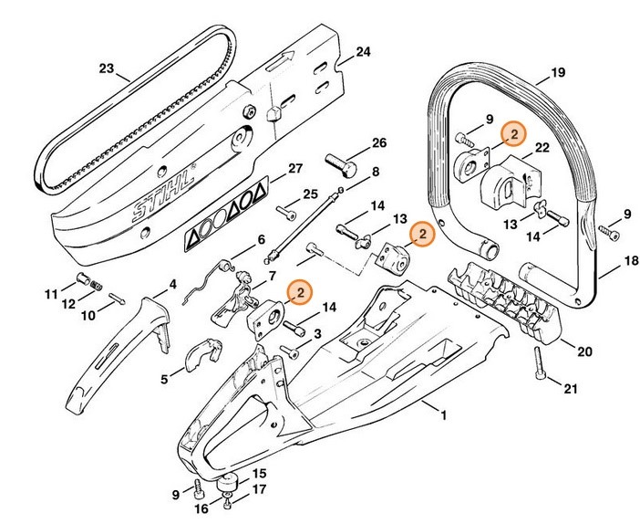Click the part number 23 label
107,68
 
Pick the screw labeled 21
544,373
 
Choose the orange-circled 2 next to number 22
512,134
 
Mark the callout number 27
294,168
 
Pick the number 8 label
375,171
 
